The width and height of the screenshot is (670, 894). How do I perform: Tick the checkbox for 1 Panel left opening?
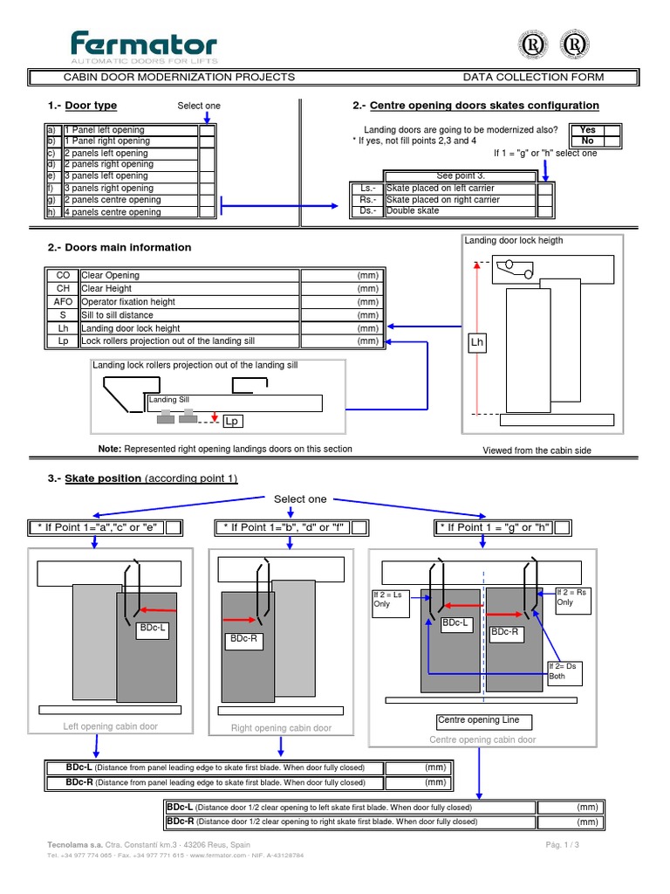pyautogui.click(x=207, y=130)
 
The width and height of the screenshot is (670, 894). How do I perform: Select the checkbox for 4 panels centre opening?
pyautogui.click(x=207, y=212)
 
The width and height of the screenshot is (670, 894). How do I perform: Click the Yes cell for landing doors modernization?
pyautogui.click(x=588, y=130)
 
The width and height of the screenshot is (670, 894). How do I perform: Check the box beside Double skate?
pyautogui.click(x=544, y=211)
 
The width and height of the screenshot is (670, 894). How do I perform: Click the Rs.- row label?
pyautogui.click(x=366, y=200)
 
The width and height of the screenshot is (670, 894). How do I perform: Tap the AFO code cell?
pyautogui.click(x=63, y=302)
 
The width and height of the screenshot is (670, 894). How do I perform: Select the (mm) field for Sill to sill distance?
pyautogui.click(x=341, y=315)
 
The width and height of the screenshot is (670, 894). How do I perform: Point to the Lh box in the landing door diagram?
pyautogui.click(x=477, y=343)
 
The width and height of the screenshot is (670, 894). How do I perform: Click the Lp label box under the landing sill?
pyautogui.click(x=232, y=422)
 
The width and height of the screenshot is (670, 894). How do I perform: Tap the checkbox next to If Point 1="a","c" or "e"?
pyautogui.click(x=173, y=527)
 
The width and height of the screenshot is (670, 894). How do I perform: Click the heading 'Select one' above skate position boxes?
pyautogui.click(x=300, y=499)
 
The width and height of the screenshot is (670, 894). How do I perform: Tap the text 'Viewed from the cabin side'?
pyautogui.click(x=539, y=450)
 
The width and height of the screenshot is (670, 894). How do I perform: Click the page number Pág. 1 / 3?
pyautogui.click(x=563, y=846)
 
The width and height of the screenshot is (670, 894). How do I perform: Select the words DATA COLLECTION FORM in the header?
pyautogui.click(x=533, y=78)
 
